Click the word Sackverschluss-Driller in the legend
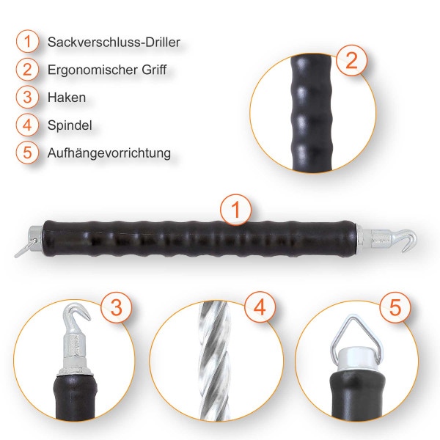[114, 42]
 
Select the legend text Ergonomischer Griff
[107, 70]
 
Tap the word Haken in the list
[67, 98]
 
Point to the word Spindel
[70, 125]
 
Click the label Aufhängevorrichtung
[109, 153]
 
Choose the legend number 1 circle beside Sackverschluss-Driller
[27, 41]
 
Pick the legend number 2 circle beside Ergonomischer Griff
[27, 70]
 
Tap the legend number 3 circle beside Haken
[27, 97]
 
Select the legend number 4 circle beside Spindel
[27, 125]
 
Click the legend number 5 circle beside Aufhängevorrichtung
[27, 153]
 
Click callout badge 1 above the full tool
[235, 210]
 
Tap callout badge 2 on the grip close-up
[351, 60]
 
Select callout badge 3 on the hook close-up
[116, 307]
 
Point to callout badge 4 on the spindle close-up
[260, 307]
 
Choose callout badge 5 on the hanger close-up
[395, 307]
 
